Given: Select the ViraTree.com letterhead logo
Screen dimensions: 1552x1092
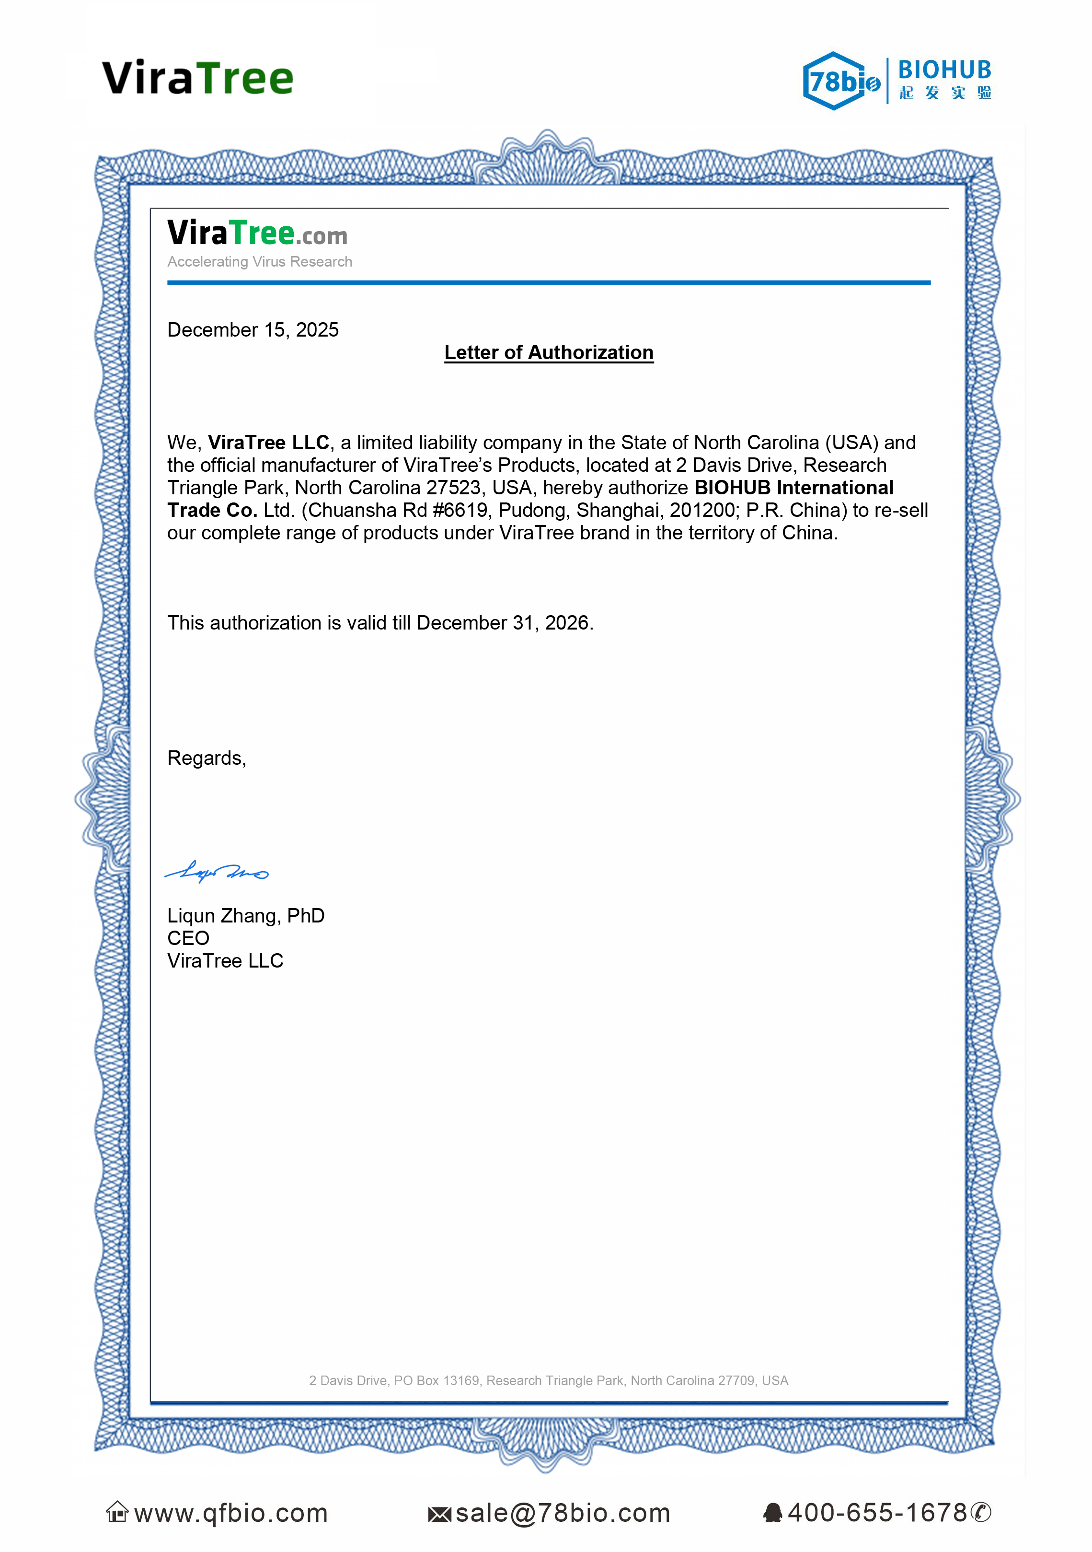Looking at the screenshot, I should [x=257, y=233].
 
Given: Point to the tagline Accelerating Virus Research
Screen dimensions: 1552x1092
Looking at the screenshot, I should [x=260, y=262].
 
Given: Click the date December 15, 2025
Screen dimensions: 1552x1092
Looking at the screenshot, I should [x=253, y=330].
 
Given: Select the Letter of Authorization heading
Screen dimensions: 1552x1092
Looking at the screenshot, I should [x=549, y=352].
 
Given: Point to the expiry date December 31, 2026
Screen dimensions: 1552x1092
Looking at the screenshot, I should [x=504, y=622].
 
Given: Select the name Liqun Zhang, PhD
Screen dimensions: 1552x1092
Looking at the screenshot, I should [x=246, y=915].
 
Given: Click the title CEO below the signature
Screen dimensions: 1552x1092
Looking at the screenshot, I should [x=188, y=938].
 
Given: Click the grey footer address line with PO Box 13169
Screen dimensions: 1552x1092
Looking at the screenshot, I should [x=549, y=1380].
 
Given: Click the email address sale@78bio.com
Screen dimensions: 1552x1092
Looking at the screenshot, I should [x=562, y=1513].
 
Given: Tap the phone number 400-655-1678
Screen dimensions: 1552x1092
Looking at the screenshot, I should [x=877, y=1513].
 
